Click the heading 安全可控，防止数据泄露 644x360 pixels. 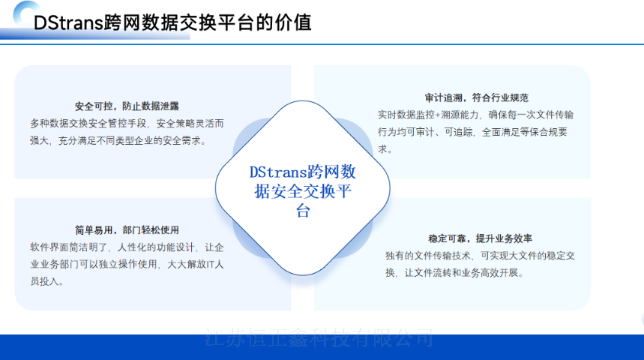click(127, 106)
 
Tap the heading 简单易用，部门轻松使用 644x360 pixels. click(127, 230)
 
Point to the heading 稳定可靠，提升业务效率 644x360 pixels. click(480, 238)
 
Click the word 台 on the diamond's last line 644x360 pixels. click(302, 211)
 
